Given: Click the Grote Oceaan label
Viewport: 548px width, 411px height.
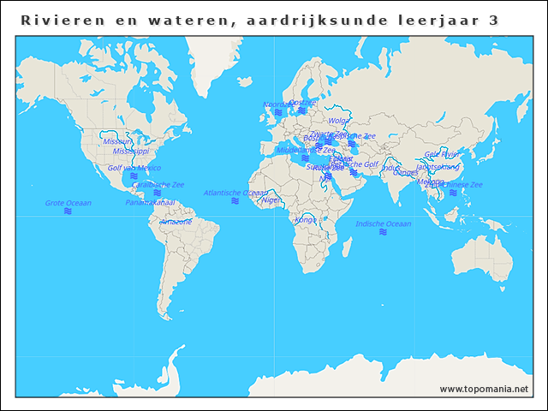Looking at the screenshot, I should coord(68,203).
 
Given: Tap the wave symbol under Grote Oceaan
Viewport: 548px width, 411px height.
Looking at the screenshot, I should coord(68,211).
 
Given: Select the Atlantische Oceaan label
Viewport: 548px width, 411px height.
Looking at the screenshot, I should coord(235,193).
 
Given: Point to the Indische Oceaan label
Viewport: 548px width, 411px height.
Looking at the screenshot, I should coord(384,223).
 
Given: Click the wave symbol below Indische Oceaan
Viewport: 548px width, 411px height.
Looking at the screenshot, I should coord(384,232).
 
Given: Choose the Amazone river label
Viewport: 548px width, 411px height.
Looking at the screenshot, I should coord(176,221).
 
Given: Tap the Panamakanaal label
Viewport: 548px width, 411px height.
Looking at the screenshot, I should coord(151,203).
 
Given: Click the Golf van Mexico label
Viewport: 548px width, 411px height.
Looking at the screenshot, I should coord(134,168).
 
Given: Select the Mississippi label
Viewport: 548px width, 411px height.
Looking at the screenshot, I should coord(131,151).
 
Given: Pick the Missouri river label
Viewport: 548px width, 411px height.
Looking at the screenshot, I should coord(118,141).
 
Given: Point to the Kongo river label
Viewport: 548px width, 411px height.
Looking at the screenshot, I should coord(306,219).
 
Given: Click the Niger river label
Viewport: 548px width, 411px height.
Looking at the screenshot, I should coord(271,200).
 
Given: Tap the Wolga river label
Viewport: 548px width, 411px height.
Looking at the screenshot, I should coord(339,121).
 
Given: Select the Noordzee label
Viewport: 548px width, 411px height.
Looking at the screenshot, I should coord(277,104).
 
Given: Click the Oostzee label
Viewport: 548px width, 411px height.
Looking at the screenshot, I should coord(302,102).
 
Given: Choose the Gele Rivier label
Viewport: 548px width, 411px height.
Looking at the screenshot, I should coord(443,154).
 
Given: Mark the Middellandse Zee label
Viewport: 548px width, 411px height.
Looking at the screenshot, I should coord(306,150).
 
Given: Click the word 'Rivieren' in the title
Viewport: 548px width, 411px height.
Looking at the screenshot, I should coord(57,20).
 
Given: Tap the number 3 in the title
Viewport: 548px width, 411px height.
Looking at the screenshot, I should coord(493,20).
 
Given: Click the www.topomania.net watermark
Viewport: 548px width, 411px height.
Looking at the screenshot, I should coord(484,389).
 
